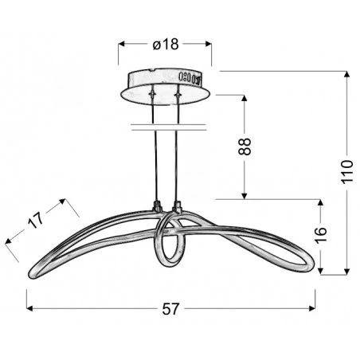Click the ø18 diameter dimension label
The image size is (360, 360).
point(165,45)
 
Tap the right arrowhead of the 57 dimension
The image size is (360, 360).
point(315,307)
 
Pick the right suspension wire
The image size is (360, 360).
point(178,167)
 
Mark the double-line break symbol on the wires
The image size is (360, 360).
point(167,127)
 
